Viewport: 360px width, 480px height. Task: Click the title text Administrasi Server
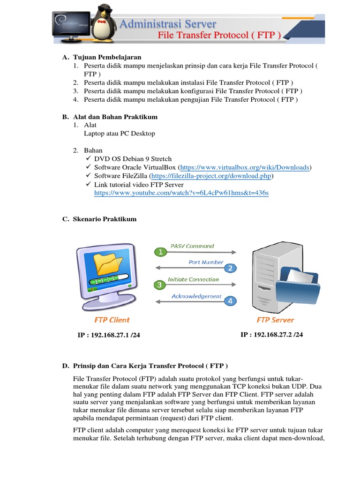point(168,24)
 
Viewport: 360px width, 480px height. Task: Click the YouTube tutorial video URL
point(181,193)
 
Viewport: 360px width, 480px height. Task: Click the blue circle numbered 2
point(230,268)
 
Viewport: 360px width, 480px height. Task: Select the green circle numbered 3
point(159,285)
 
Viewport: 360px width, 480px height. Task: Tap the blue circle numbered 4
point(230,301)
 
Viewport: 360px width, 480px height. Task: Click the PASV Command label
point(192,246)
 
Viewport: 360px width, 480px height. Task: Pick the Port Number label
point(206,262)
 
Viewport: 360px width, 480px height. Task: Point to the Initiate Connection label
point(193,279)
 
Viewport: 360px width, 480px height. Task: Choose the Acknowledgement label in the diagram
point(196,296)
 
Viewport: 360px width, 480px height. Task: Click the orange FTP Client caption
point(112,320)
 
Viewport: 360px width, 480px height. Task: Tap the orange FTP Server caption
point(275,320)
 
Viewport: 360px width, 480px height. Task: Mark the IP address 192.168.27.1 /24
point(109,336)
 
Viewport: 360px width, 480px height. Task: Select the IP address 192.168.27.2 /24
point(271,335)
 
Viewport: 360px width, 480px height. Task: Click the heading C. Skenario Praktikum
point(105,219)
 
